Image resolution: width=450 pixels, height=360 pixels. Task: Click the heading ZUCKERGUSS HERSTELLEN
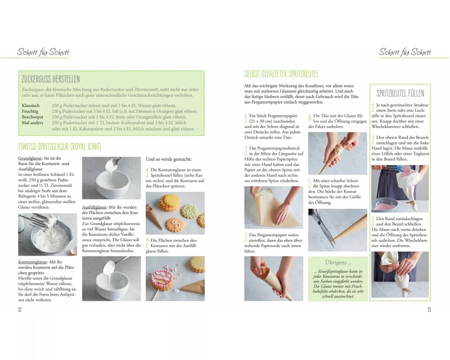tap(51, 79)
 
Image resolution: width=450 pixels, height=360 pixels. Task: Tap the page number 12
tap(20, 310)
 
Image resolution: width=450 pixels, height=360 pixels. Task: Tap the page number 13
tap(429, 310)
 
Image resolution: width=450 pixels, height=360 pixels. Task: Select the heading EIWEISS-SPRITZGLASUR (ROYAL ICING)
tap(60, 146)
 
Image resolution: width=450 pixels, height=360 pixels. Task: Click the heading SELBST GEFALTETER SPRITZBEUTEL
tap(281, 74)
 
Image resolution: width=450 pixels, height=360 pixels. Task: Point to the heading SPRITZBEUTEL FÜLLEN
tap(400, 93)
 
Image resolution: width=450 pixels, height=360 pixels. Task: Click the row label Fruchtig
tap(30, 111)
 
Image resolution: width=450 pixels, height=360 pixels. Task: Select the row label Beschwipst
tap(32, 117)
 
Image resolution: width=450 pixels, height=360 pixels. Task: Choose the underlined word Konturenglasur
tap(32, 262)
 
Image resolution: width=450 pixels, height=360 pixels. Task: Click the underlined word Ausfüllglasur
tap(94, 207)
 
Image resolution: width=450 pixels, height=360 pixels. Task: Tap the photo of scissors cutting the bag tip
tap(337, 230)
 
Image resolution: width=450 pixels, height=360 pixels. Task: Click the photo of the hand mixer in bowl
tap(48, 234)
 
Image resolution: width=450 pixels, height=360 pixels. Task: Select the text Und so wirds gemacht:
tap(168, 159)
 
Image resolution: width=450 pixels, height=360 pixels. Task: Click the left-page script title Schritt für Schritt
tap(43, 52)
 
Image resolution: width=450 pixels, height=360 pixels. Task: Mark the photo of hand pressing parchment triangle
tap(274, 207)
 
